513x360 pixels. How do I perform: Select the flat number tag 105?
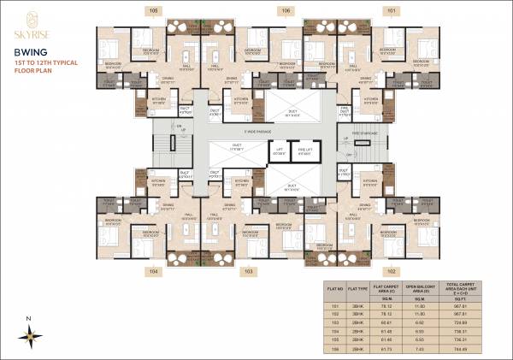click(x=154, y=11)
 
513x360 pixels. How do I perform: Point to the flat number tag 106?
click(x=285, y=11)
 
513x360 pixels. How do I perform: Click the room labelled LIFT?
click(x=279, y=150)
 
